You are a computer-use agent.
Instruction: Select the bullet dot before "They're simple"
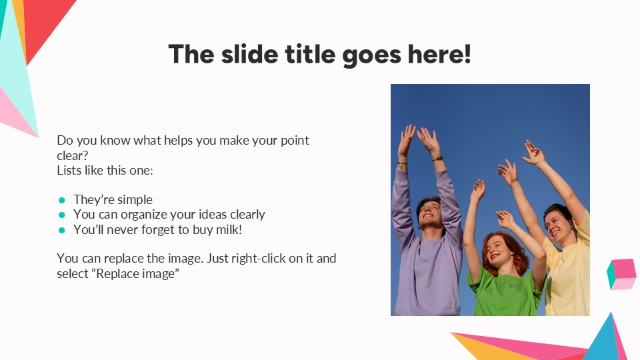pos(62,200)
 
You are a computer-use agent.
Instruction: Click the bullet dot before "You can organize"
pos(62,215)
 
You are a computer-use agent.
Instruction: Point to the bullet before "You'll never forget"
pos(62,230)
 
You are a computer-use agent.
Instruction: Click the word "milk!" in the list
pos(226,229)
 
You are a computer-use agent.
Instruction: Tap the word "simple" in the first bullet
pos(133,200)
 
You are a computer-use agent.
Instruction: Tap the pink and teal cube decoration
pos(621,273)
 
